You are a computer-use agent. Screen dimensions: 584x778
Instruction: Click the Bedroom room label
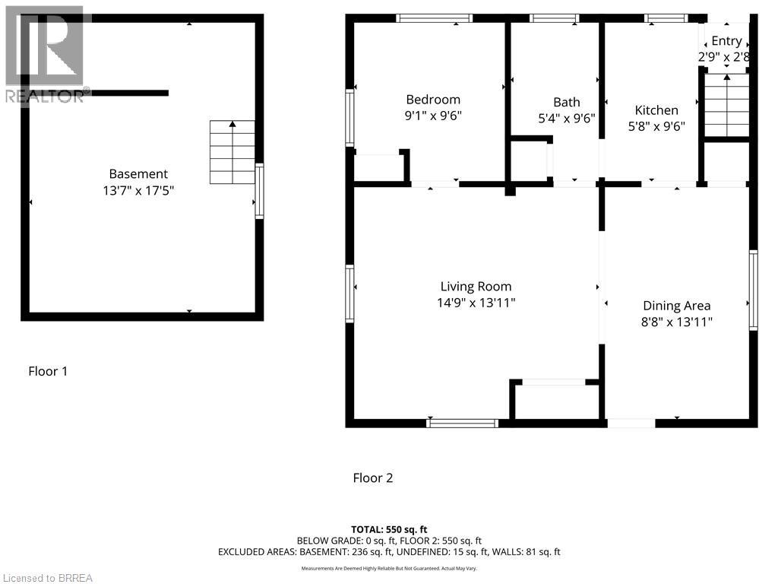(433, 100)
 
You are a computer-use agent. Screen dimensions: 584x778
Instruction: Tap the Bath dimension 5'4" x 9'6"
(566, 119)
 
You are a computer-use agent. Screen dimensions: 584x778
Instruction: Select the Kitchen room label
(656, 110)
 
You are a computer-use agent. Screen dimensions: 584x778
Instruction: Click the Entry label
(726, 41)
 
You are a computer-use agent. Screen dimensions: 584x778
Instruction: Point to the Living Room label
(476, 287)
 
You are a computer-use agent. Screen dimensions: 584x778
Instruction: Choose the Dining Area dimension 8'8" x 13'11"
(676, 322)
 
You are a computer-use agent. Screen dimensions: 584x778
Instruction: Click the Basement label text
(138, 174)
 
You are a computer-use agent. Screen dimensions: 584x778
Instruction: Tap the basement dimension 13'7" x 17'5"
(138, 191)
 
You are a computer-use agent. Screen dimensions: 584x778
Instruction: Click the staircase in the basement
(232, 152)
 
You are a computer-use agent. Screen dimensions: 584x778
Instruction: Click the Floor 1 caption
(48, 371)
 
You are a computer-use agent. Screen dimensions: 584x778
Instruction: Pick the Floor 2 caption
(373, 478)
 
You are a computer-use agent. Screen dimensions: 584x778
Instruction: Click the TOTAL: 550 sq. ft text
(389, 529)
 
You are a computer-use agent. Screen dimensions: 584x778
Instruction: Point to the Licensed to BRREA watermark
(47, 578)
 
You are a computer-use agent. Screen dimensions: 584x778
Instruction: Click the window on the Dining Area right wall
(753, 290)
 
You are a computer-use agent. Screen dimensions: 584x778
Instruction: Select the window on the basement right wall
(259, 191)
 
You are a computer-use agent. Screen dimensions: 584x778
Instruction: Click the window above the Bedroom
(435, 18)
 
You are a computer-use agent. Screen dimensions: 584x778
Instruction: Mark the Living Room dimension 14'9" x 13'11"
(476, 303)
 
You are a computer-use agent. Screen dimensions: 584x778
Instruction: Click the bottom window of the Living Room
(462, 423)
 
